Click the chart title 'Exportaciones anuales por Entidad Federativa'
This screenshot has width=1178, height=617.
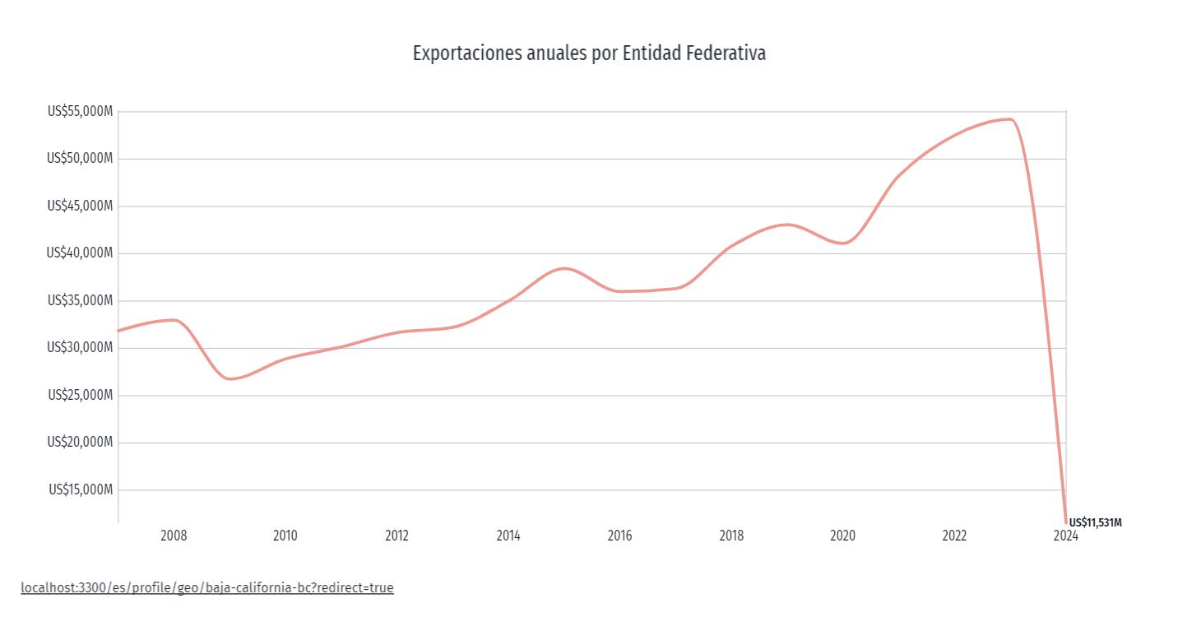click(589, 54)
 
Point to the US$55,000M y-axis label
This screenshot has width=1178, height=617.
click(80, 112)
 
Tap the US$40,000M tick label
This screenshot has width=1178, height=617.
click(80, 253)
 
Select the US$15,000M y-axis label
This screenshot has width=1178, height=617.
click(80, 490)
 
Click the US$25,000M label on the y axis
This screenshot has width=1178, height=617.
click(80, 396)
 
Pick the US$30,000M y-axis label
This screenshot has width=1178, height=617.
click(80, 348)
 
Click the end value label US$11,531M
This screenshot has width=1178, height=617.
click(1095, 522)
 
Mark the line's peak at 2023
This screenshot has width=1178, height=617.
click(1009, 119)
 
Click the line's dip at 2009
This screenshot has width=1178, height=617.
click(230, 379)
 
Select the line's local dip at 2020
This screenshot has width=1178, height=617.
click(842, 243)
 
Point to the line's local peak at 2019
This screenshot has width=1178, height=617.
click(787, 224)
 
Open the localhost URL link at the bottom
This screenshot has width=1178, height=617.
click(207, 588)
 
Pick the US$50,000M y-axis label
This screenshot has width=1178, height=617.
click(80, 159)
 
